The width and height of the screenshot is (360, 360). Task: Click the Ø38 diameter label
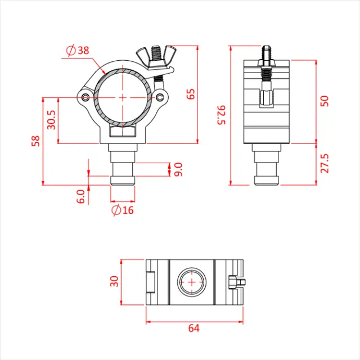point(78,51)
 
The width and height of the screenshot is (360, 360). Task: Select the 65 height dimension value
point(191,94)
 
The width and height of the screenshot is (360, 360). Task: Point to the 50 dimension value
point(324,101)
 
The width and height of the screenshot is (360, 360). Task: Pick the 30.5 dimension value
point(51,120)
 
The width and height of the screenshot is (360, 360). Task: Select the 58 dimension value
point(35,141)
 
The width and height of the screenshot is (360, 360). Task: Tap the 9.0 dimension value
point(178,169)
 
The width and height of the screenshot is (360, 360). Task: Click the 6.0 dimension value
point(80,196)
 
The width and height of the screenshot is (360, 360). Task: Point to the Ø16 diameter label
point(123,210)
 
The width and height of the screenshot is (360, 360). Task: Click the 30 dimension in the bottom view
point(115,281)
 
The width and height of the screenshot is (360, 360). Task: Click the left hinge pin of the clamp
point(85,97)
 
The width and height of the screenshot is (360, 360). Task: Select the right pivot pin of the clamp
point(161,97)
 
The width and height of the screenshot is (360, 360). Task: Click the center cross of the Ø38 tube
point(123,97)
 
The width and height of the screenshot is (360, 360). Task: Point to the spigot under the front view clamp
point(123,166)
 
